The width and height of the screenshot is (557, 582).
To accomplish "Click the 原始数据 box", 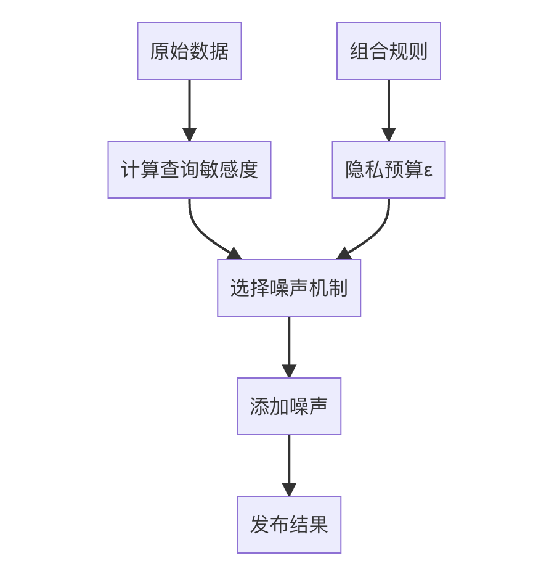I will [x=189, y=51].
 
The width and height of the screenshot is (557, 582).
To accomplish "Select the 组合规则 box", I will [x=388, y=51].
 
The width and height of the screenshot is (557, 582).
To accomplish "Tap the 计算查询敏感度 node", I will [x=189, y=170].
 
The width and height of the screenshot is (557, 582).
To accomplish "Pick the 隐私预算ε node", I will [x=388, y=170].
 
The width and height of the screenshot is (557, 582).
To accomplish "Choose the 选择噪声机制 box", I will [x=288, y=288].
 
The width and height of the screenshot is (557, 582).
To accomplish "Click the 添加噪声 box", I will [x=288, y=406].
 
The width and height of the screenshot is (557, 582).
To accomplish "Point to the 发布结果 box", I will [x=288, y=525].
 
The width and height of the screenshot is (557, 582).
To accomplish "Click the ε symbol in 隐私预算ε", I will [x=428, y=170].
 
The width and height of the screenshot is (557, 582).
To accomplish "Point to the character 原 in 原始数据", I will [x=160, y=51].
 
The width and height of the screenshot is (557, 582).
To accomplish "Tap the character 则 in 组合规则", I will [x=418, y=51].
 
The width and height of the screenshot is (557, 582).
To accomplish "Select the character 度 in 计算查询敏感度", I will [x=248, y=170].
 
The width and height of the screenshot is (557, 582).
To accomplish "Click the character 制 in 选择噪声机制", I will [x=338, y=288].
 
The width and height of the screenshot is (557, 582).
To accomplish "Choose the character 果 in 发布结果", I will [x=318, y=525].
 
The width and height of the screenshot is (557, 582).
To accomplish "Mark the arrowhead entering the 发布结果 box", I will [x=288, y=490].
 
